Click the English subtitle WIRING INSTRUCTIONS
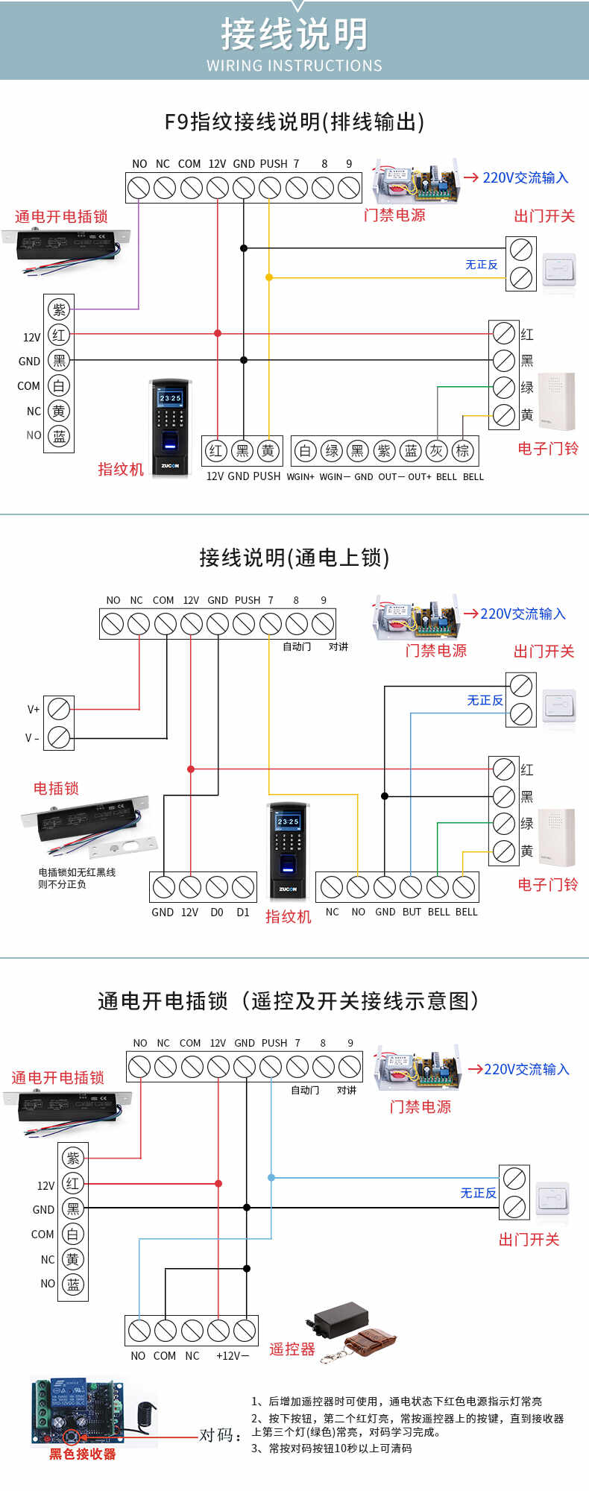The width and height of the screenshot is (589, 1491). pos(294,66)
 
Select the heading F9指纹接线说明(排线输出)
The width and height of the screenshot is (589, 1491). pos(294,122)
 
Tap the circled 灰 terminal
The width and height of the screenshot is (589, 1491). pos(436,450)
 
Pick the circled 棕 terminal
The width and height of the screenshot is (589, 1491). pos(462,450)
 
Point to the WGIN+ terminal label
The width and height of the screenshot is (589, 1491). pos(300,477)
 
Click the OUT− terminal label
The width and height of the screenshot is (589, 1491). pos(391,477)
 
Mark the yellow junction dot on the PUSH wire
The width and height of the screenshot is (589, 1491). pos(269,277)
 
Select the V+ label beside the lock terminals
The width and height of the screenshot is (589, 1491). pos(34,710)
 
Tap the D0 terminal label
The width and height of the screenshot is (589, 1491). pos(217,912)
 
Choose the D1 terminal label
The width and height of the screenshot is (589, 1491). pos(243,912)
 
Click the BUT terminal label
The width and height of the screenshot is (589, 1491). pos(412,912)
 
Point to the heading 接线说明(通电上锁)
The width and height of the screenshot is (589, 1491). pos(294,558)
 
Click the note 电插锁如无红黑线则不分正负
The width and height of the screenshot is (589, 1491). pos(76,878)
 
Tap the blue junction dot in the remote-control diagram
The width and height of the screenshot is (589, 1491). pos(271,1178)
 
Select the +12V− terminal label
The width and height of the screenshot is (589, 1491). pos(233,1356)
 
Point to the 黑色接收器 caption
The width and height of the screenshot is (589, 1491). pos(82,1454)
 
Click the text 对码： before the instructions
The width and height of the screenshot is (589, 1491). pos(221,1435)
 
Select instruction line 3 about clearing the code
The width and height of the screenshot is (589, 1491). pos(332,1449)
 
